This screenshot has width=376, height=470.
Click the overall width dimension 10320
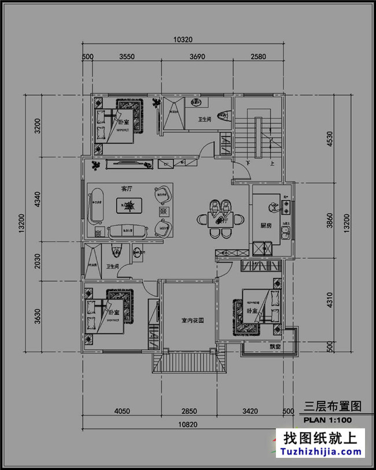pos(183,40)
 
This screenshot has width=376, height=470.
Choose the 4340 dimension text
pos(37,200)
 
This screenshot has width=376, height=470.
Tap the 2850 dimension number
pos(190,412)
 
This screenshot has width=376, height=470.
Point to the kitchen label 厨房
pos(266,226)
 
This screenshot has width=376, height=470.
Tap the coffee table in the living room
pos(128,204)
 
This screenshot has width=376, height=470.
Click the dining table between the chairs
pos(219,220)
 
